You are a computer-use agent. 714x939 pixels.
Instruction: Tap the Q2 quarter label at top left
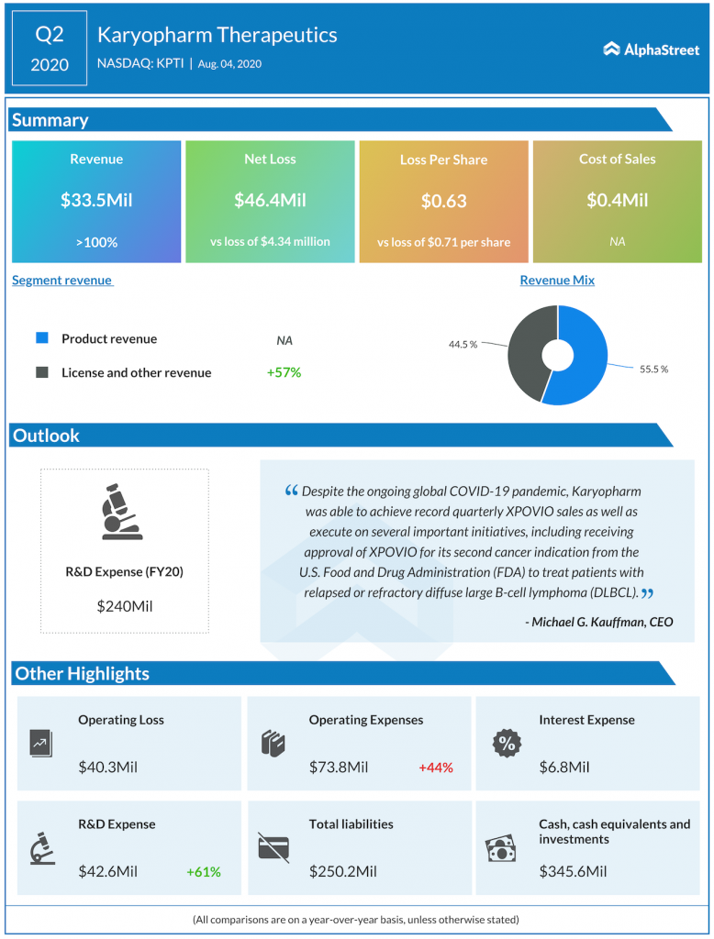50,35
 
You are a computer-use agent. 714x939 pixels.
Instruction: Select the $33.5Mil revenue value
96,200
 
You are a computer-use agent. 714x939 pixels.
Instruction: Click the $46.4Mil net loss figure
270,200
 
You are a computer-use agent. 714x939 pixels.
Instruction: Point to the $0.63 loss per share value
443,201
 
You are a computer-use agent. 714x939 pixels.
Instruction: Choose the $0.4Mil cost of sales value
617,200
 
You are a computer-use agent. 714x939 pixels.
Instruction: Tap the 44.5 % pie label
463,344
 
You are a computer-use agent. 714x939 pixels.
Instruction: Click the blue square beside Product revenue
42,338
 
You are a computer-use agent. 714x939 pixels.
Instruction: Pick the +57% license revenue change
284,372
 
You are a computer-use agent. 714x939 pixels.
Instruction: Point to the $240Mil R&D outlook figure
124,606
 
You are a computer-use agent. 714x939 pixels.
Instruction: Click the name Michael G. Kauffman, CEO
599,622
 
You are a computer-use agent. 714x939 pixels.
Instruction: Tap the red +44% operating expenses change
436,768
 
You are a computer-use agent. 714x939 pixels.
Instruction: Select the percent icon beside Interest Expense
506,744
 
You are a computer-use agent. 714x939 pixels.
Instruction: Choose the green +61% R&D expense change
204,872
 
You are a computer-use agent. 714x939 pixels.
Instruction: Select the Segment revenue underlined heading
61,281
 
